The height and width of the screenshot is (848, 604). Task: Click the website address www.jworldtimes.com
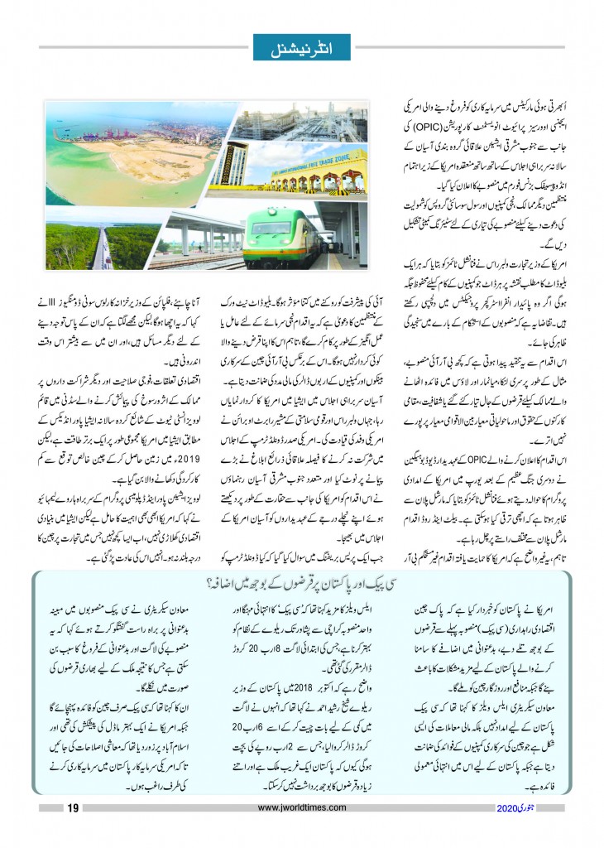[x=301, y=809]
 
